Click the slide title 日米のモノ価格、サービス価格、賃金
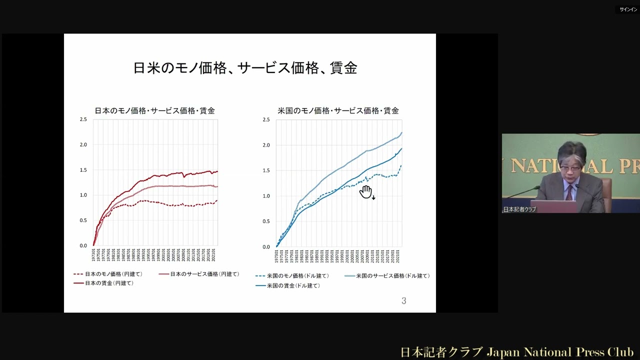point(245,68)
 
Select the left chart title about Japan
point(155,110)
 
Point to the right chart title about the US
point(338,110)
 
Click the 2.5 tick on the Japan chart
point(83,119)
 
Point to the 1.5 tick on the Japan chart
point(83,170)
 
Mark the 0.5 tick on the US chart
point(266,221)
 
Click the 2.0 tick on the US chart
point(266,145)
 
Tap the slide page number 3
point(404,300)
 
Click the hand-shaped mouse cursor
point(366,191)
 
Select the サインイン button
point(628,9)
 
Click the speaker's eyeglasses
point(570,168)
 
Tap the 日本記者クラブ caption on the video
point(519,209)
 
